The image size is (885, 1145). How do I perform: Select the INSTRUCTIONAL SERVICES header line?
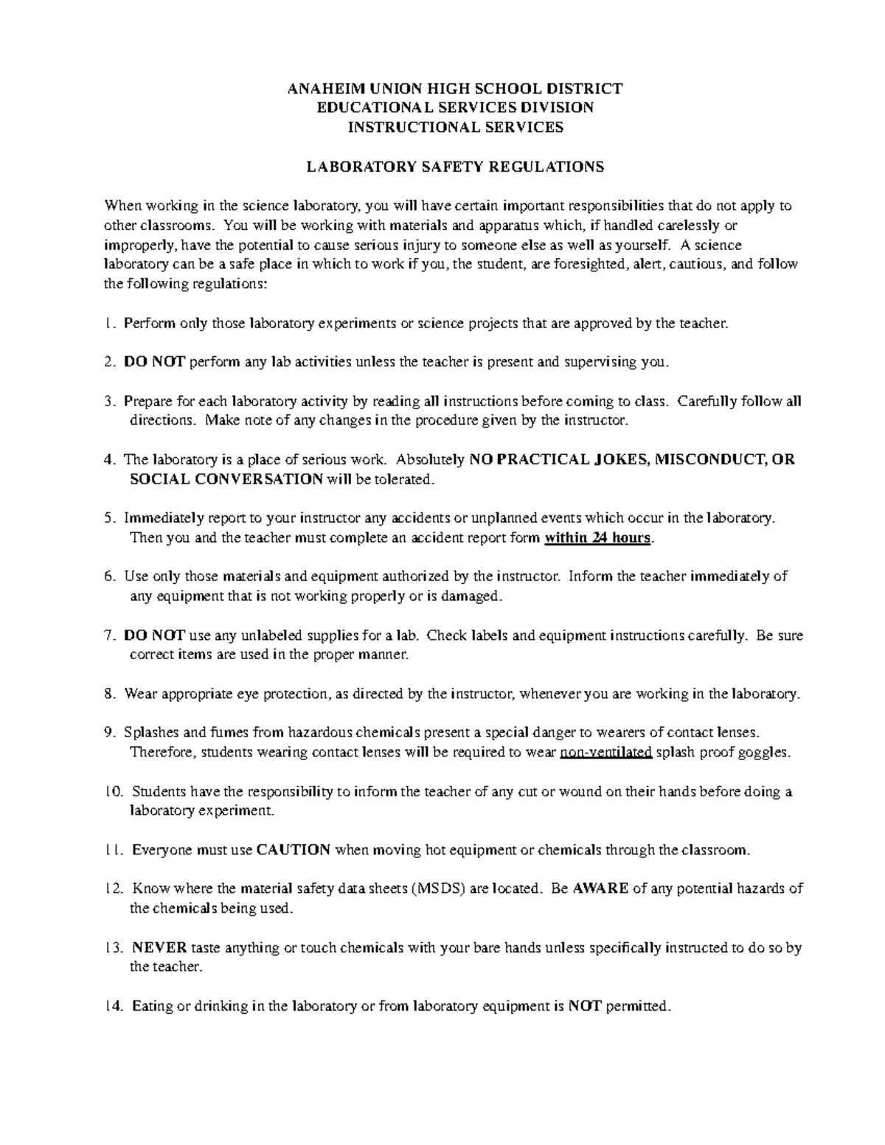(455, 127)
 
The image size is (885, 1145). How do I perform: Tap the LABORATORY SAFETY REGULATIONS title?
(455, 167)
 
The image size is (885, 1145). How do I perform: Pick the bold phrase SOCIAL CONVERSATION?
(226, 479)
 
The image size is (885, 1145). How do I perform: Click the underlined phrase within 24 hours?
(598, 537)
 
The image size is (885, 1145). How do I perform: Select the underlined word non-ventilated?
(606, 752)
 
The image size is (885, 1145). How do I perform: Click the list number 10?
(114, 792)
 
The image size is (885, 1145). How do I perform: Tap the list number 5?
(109, 518)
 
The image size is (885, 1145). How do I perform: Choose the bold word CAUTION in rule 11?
(293, 849)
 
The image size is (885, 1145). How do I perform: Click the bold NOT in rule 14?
(584, 1006)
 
